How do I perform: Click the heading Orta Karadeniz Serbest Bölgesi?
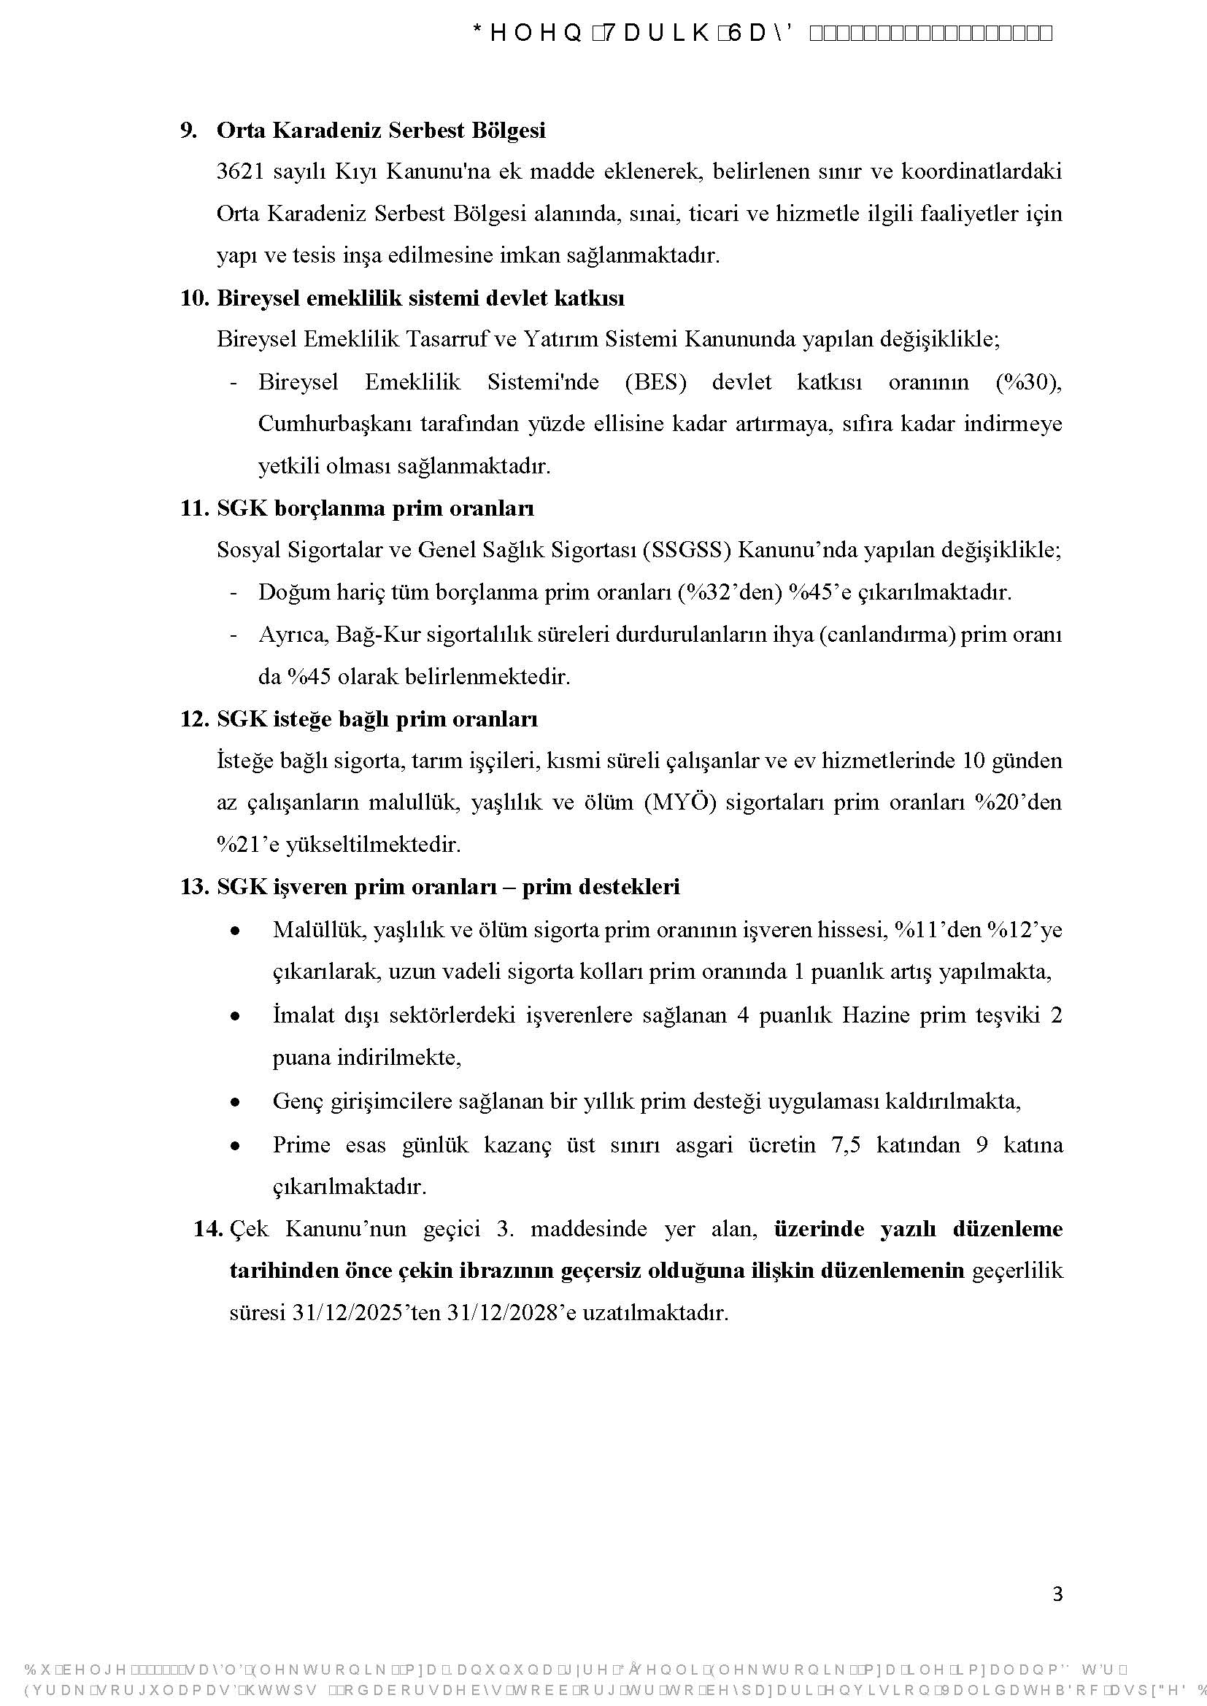[380, 130]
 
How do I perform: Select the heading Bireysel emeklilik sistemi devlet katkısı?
[420, 298]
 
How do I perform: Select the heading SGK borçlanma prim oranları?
[374, 508]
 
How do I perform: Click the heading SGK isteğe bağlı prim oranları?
[377, 719]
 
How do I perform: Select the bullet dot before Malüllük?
[235, 930]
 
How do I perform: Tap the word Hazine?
[876, 1015]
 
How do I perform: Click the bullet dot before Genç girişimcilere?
[235, 1103]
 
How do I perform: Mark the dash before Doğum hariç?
[234, 593]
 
